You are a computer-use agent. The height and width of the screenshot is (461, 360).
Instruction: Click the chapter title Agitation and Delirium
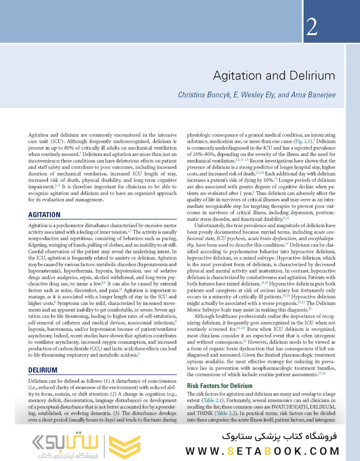click(273, 76)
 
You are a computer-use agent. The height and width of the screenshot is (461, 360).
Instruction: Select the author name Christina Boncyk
click(205, 94)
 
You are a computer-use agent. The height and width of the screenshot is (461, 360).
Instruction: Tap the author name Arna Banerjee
click(312, 94)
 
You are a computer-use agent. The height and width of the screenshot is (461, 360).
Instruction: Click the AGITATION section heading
click(44, 215)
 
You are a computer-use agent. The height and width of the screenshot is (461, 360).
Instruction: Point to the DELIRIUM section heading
click(43, 370)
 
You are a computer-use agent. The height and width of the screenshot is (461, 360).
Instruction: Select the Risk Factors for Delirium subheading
click(220, 386)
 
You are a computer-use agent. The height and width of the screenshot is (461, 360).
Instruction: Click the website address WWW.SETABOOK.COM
click(262, 451)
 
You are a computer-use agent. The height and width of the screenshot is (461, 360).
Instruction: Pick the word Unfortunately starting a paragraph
click(213, 225)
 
